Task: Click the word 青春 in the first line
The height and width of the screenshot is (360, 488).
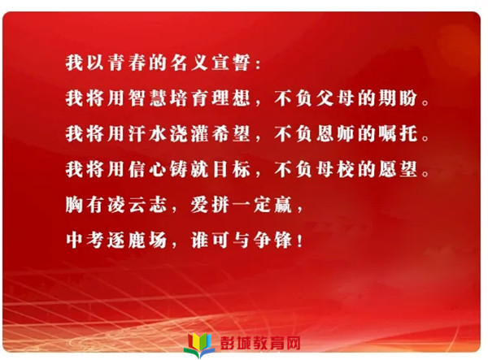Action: (127, 63)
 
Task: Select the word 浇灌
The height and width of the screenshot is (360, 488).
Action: (190, 133)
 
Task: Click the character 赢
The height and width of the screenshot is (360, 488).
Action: (283, 205)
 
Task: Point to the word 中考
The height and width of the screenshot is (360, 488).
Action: (85, 240)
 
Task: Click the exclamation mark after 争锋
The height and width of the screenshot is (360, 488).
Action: (299, 241)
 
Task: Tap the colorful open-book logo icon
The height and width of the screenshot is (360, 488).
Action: (199, 345)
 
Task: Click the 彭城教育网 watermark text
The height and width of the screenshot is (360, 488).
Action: (260, 343)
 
